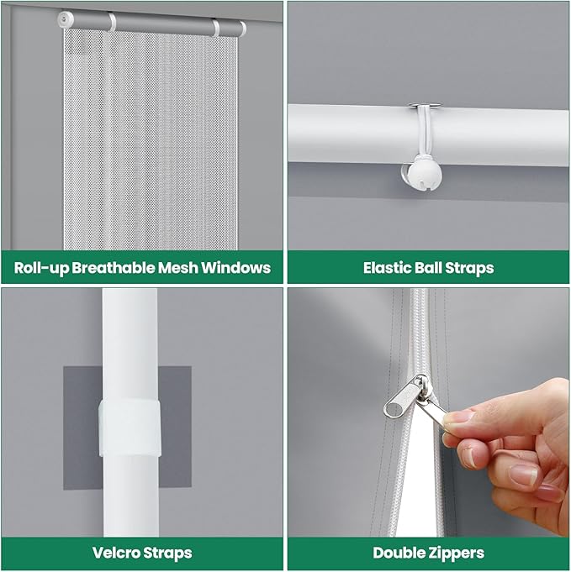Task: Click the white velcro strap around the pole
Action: pyautogui.click(x=130, y=428)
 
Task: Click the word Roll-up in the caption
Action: pyautogui.click(x=41, y=269)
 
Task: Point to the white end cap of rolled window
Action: pyautogui.click(x=66, y=19)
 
